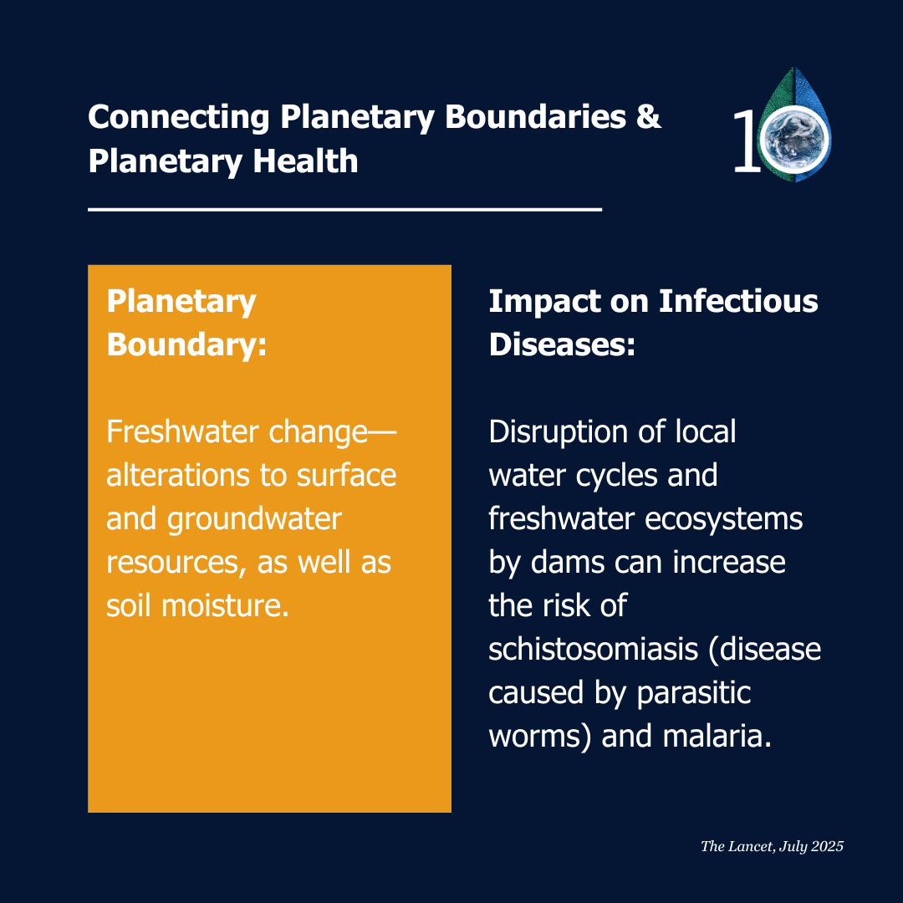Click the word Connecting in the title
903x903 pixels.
179,118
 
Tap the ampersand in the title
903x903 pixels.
649,116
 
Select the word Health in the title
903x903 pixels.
305,161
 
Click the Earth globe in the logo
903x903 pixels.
795,139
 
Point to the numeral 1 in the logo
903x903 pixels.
747,141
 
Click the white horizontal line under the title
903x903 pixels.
345,210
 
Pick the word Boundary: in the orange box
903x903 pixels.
186,345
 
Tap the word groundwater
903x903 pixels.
254,520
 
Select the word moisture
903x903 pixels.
225,606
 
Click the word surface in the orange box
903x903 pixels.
346,476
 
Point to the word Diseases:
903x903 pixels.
562,344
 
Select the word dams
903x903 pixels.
567,562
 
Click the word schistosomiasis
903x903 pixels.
593,649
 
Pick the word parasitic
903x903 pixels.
694,693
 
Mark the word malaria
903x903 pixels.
717,736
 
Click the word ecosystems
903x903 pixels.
723,520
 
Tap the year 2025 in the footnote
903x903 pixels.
828,846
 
